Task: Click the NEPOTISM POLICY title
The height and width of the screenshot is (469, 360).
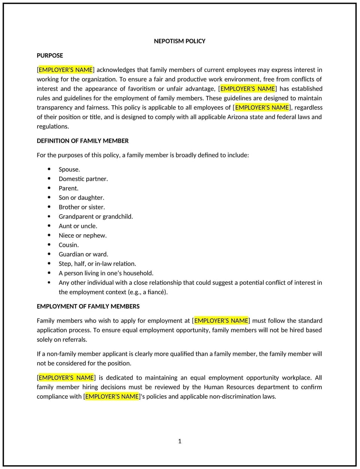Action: click(x=179, y=41)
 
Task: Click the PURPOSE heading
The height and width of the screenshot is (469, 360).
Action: click(x=50, y=55)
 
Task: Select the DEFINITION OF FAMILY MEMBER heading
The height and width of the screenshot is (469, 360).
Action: click(x=82, y=141)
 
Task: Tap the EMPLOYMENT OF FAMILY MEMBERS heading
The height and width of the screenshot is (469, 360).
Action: click(x=88, y=306)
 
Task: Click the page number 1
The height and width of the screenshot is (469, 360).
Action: click(x=180, y=441)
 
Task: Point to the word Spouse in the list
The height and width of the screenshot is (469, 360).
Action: click(x=69, y=169)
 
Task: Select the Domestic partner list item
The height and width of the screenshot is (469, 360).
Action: click(x=83, y=179)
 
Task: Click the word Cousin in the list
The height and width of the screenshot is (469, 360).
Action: click(x=68, y=245)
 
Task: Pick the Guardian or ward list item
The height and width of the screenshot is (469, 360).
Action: click(x=83, y=254)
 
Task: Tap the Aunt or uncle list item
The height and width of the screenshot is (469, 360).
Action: click(x=78, y=226)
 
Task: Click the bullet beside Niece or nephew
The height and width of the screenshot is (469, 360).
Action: click(x=49, y=235)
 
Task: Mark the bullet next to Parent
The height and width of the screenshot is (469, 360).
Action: click(x=49, y=188)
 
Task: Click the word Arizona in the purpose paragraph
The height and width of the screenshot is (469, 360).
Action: click(x=238, y=117)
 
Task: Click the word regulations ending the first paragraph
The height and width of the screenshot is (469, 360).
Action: click(x=52, y=127)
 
